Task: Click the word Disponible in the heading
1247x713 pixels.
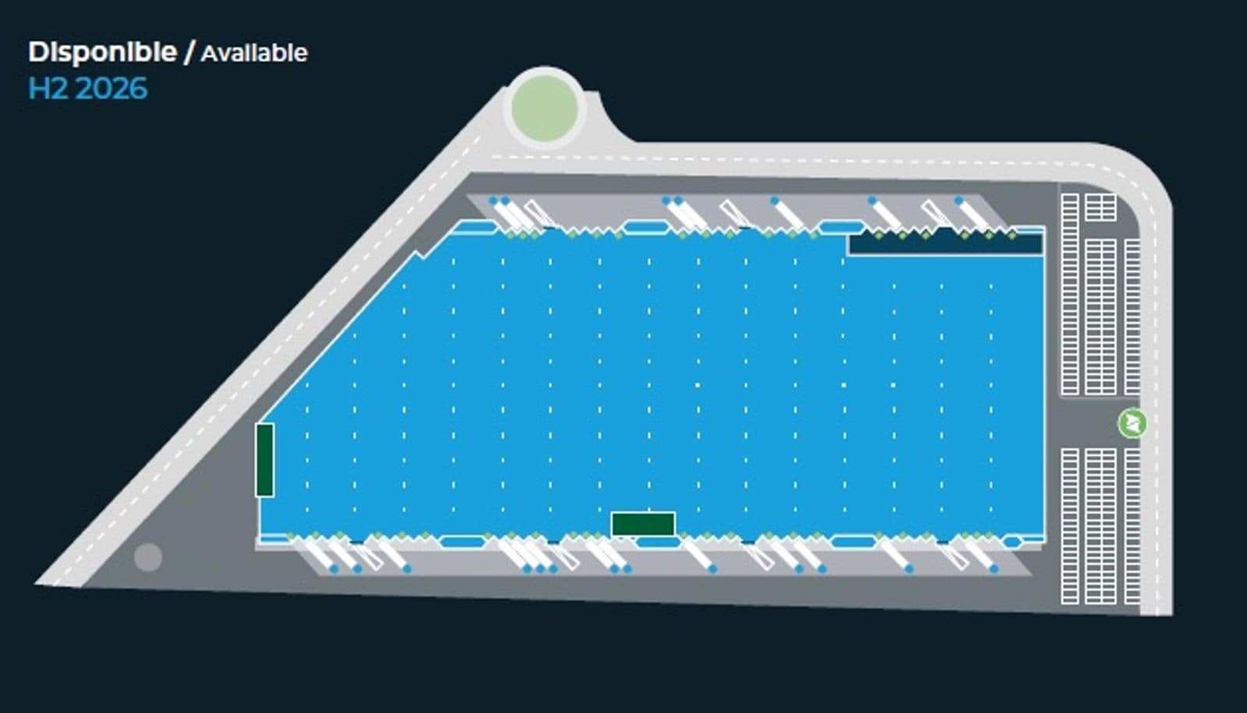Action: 102,52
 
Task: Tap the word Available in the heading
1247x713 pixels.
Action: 254,54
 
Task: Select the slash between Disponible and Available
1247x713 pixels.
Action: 189,52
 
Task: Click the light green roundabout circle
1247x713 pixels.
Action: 545,108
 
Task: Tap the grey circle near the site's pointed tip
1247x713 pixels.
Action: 148,557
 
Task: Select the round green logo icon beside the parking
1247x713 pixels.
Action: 1132,423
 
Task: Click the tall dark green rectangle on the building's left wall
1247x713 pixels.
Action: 265,461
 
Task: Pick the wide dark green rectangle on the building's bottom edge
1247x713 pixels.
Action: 643,524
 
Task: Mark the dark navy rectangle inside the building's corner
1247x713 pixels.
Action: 945,244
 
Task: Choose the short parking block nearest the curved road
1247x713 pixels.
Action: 1100,207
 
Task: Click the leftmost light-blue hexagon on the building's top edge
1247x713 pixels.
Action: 475,227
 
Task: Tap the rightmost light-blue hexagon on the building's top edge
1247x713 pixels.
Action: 842,227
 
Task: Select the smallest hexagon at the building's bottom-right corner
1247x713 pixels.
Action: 1012,542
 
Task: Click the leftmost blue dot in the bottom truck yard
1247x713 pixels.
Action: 334,569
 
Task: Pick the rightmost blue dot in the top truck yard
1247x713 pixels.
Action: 959,200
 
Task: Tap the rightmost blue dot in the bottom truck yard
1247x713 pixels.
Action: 994,569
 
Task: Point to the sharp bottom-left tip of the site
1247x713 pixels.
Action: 37,584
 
